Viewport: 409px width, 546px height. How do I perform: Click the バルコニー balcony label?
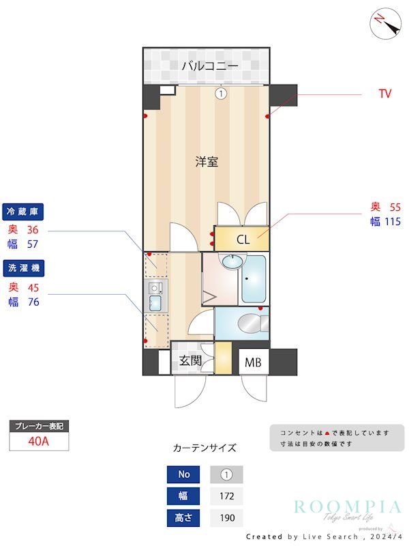tap(209, 66)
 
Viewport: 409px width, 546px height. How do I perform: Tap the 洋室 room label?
tap(206, 162)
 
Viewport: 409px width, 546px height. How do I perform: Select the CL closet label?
tap(243, 240)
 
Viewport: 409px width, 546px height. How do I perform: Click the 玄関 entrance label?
tap(190, 361)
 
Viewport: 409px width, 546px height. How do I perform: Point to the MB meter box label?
tap(253, 362)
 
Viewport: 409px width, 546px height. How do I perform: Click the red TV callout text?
tap(385, 94)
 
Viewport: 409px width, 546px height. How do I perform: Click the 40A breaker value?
tap(39, 441)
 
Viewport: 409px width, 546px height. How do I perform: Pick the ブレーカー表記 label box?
tap(39, 426)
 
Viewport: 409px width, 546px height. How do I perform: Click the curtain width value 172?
tap(226, 496)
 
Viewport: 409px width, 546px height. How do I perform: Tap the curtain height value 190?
tap(226, 518)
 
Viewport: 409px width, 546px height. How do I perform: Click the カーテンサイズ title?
tap(204, 448)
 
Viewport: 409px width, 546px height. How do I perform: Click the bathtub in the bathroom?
tap(254, 279)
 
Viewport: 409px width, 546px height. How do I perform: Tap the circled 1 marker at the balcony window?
tap(220, 94)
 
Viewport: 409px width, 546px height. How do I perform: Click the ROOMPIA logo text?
tap(348, 506)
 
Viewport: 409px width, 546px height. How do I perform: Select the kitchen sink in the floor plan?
tap(155, 302)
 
